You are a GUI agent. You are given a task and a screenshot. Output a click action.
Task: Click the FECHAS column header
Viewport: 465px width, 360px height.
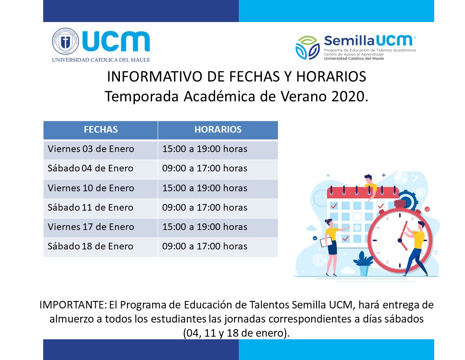click(100, 130)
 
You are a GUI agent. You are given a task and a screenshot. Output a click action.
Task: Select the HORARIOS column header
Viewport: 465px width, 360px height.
click(218, 130)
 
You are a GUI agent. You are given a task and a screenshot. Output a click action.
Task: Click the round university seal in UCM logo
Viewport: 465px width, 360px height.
click(66, 41)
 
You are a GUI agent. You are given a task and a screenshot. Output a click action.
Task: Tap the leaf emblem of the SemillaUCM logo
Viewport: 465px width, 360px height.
click(308, 48)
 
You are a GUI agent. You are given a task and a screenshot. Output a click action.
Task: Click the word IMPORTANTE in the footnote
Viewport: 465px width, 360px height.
click(73, 305)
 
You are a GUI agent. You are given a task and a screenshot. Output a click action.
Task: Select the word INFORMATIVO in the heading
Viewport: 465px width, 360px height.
click(155, 77)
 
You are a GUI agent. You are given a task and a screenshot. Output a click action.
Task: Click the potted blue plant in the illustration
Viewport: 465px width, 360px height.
click(364, 264)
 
